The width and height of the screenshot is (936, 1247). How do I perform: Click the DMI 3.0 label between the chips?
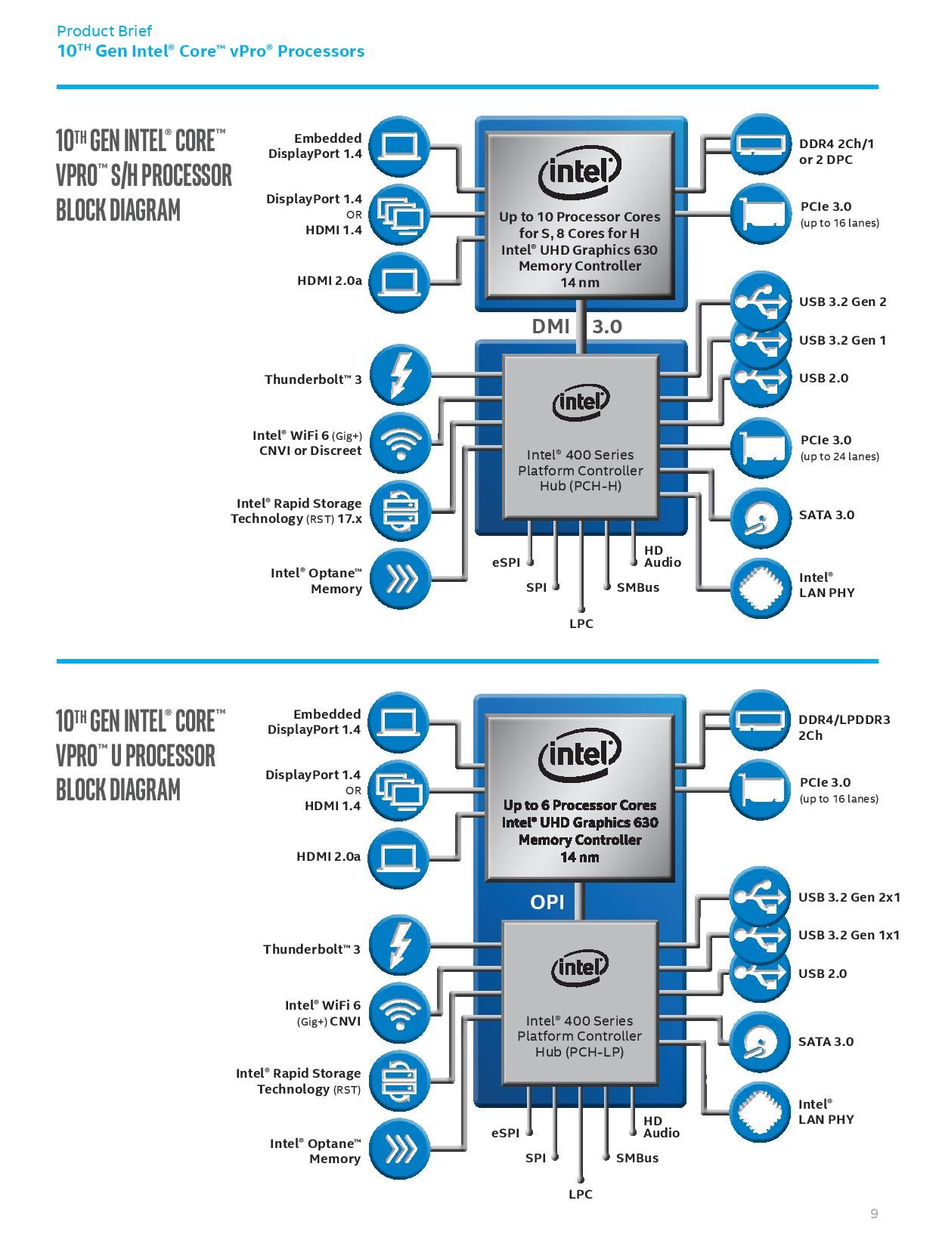pyautogui.click(x=576, y=326)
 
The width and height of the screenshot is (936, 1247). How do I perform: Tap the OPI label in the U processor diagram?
pyautogui.click(x=547, y=902)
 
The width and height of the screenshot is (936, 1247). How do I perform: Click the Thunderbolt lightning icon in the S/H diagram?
pyautogui.click(x=400, y=376)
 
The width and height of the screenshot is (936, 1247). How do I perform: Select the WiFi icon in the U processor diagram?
pyautogui.click(x=399, y=1013)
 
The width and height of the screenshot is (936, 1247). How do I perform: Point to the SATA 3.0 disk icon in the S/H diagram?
pyautogui.click(x=761, y=518)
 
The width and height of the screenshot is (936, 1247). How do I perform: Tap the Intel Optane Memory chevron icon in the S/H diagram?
pyautogui.click(x=400, y=580)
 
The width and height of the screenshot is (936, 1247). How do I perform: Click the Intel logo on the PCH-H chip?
pyautogui.click(x=581, y=401)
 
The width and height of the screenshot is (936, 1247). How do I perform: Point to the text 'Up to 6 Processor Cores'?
pyautogui.click(x=580, y=805)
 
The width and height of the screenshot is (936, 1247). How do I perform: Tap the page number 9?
pyautogui.click(x=874, y=1214)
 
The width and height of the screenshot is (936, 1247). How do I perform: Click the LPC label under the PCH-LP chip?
pyautogui.click(x=580, y=1194)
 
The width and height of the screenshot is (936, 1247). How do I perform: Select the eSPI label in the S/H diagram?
pyautogui.click(x=506, y=562)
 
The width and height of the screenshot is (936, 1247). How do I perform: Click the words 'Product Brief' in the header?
pyautogui.click(x=104, y=31)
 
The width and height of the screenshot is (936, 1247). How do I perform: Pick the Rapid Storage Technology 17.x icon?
pyautogui.click(x=400, y=511)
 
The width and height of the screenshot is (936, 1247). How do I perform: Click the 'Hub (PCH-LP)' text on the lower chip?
pyautogui.click(x=579, y=1051)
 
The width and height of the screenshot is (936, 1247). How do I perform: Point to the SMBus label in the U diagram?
pyautogui.click(x=637, y=1158)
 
